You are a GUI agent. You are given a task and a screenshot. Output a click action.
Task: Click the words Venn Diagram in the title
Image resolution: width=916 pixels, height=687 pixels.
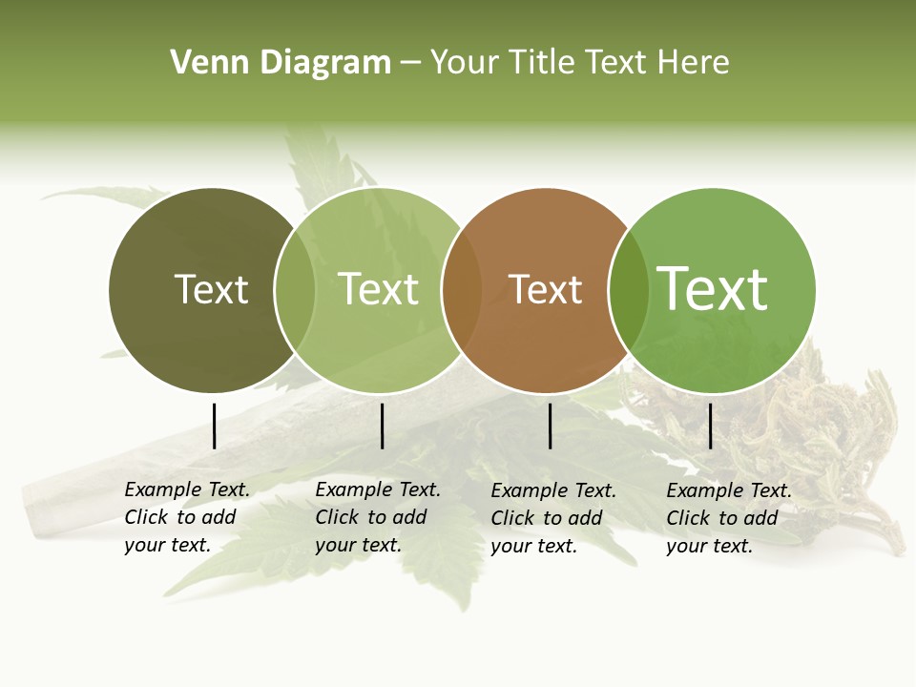point(281,63)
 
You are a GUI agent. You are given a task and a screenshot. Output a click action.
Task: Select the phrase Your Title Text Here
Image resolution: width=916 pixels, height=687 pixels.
point(579,63)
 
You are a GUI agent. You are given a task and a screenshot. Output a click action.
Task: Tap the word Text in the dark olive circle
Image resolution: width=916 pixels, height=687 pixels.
point(211,289)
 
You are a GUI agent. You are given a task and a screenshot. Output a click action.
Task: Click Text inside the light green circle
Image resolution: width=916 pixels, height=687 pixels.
point(379,289)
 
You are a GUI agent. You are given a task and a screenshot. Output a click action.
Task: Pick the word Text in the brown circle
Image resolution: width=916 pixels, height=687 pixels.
point(546,289)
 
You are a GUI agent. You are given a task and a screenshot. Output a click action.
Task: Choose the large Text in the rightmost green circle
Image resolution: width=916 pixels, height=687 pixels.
point(713,288)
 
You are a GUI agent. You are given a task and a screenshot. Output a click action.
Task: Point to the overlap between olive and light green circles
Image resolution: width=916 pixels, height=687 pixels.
point(295,290)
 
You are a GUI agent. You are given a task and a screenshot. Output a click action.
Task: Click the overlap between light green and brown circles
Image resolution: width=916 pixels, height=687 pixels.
point(462,290)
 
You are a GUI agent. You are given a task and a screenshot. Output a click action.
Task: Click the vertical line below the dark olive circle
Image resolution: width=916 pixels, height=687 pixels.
point(215,426)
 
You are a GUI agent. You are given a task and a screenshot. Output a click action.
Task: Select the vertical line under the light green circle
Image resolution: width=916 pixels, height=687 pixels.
point(382,426)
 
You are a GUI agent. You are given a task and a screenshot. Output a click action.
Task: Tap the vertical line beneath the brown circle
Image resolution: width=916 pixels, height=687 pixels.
point(551,426)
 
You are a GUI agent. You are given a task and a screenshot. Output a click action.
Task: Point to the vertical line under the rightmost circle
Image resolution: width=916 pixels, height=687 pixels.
point(711,426)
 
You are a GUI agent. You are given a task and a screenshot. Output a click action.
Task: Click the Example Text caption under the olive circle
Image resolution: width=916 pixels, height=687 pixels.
point(187,517)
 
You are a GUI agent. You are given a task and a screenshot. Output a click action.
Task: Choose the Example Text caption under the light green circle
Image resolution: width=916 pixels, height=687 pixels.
point(378,517)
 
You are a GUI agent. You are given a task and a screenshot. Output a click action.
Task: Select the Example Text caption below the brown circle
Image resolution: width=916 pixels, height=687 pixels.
point(553,518)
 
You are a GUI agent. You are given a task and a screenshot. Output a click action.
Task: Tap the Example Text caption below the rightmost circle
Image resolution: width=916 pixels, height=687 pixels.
point(729,518)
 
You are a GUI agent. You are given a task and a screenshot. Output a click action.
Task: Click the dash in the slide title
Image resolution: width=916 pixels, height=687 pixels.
point(410,63)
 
